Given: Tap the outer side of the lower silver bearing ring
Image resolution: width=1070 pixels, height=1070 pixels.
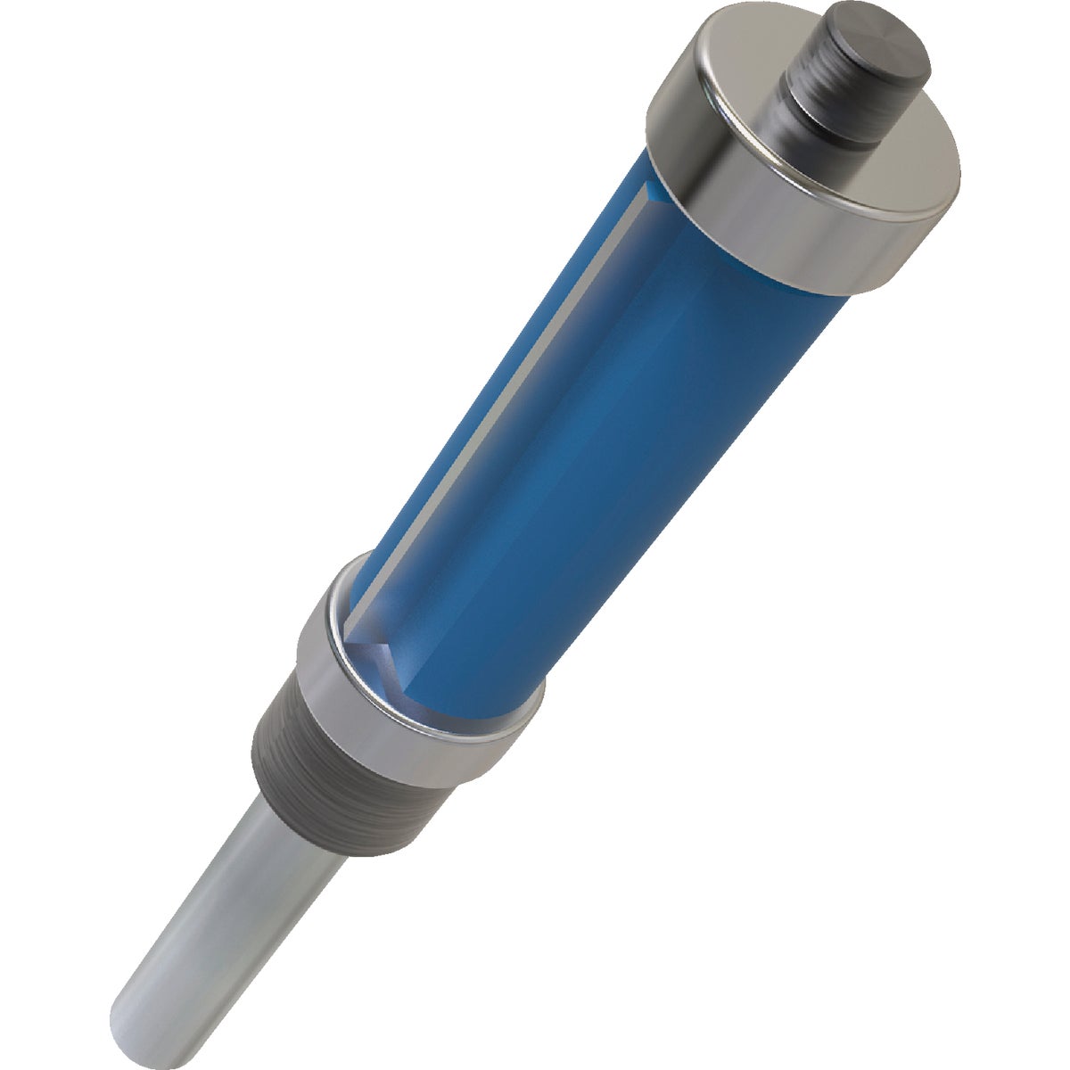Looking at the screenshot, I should [x=392, y=722].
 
